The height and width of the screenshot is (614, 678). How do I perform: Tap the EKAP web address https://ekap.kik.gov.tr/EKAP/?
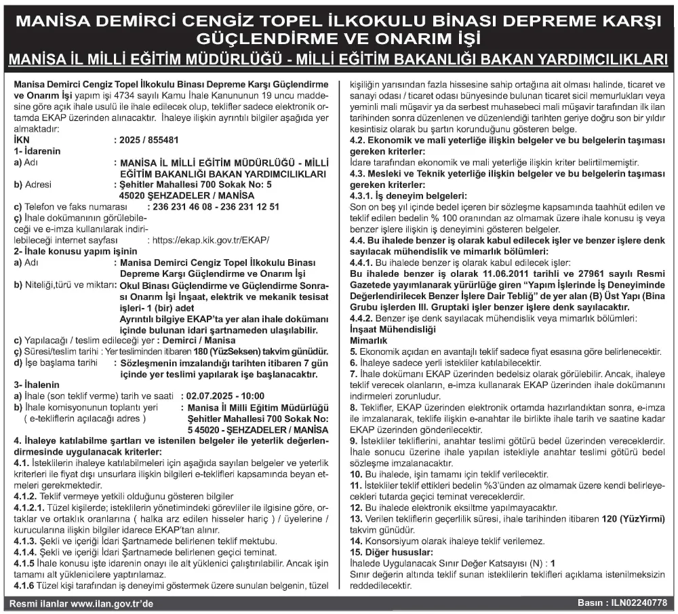[x=210, y=240]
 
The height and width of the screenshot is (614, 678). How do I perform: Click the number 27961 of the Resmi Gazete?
[x=563, y=271]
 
